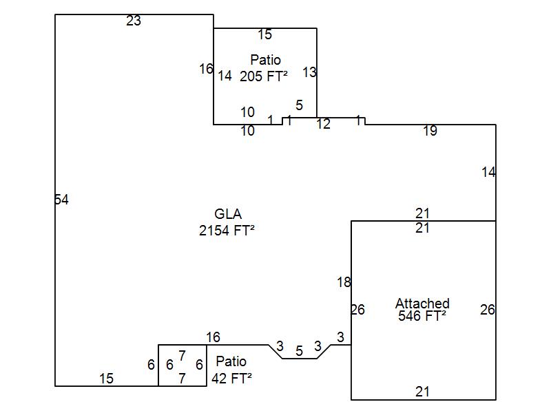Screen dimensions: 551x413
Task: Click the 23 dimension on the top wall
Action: [x=134, y=21]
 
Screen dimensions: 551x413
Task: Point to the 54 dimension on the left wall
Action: [x=62, y=200]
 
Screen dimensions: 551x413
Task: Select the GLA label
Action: [x=228, y=214]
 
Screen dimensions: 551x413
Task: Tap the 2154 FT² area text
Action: [x=227, y=231]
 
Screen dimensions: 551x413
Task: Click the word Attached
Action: [x=422, y=303]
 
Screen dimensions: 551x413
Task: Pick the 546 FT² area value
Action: [x=422, y=315]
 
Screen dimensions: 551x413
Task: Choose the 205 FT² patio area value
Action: [x=264, y=76]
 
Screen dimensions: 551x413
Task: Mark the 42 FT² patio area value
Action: [x=231, y=378]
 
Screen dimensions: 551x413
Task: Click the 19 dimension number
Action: [x=430, y=131]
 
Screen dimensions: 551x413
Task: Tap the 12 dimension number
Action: [x=323, y=124]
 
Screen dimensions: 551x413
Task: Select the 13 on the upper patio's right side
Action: [x=309, y=72]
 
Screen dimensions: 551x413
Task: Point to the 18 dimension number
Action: [x=344, y=282]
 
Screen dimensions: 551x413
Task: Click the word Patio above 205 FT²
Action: [x=266, y=60]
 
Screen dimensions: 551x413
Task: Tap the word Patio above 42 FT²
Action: [x=231, y=361]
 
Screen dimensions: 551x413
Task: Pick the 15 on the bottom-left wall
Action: [x=106, y=379]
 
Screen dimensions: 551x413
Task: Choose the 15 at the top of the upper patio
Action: [x=265, y=34]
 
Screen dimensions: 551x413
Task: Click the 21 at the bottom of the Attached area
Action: [x=422, y=392]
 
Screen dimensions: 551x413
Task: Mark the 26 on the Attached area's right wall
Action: [x=488, y=310]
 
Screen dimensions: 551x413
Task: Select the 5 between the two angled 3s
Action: [x=299, y=351]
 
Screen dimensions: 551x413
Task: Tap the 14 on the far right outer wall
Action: [x=489, y=172]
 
